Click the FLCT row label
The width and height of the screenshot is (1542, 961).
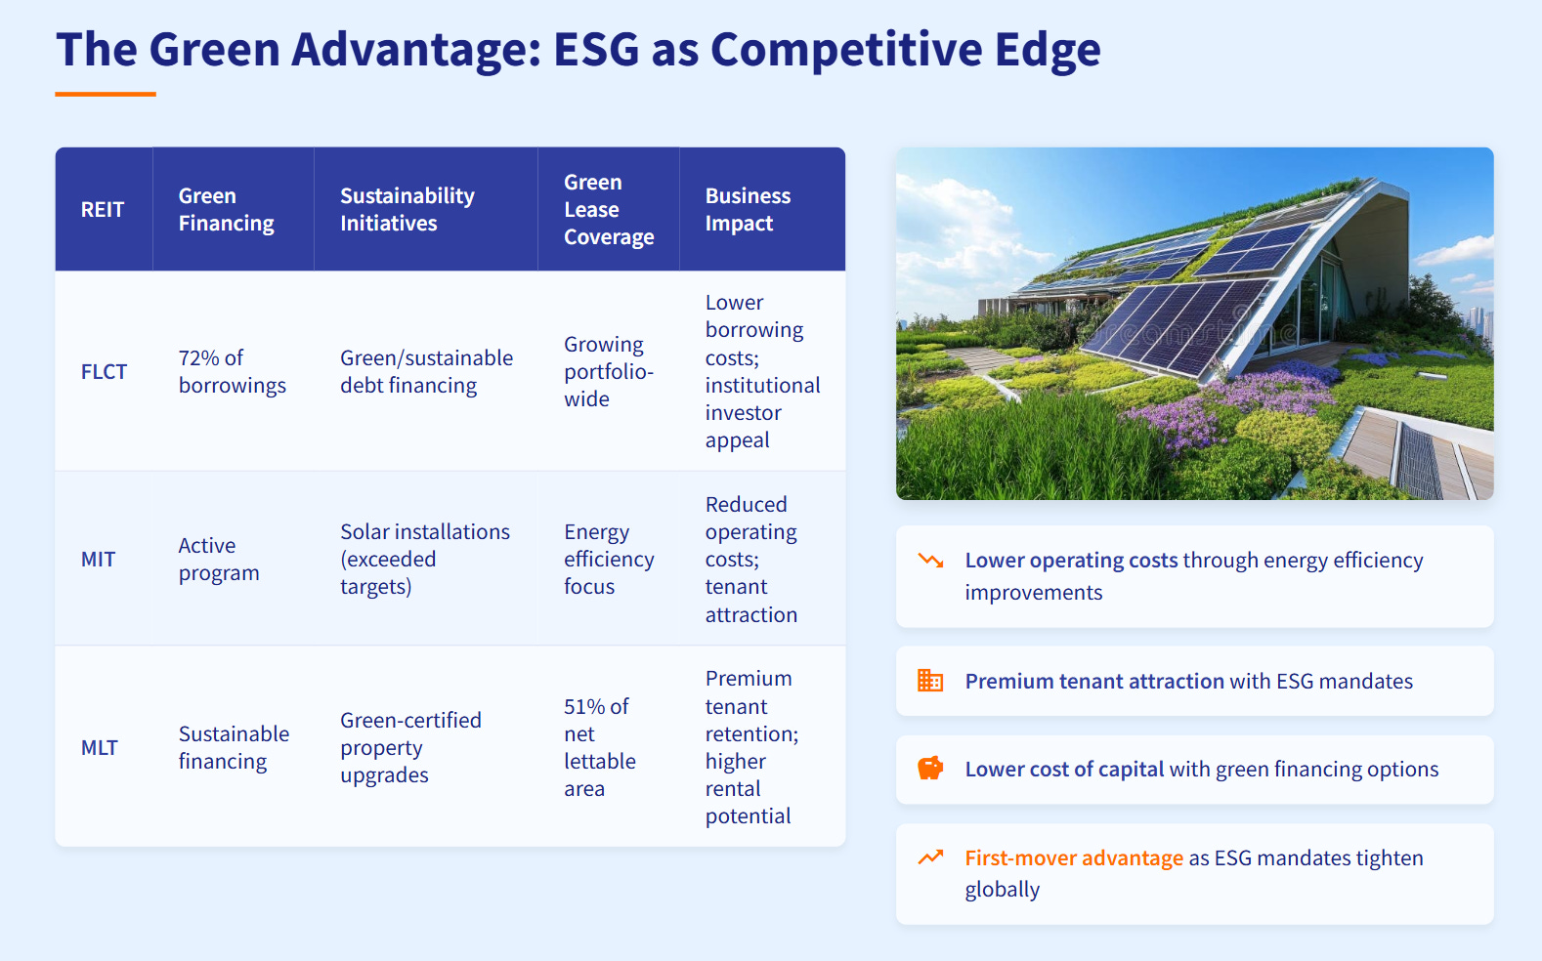point(104,371)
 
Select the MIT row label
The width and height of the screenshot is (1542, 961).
point(98,560)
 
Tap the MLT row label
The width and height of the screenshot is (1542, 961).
point(99,747)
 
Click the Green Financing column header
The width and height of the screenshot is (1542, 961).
point(226,209)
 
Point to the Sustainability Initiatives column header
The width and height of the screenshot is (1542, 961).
point(407,209)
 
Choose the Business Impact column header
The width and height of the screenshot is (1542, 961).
point(748,209)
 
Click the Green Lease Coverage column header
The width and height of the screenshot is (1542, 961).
point(609,209)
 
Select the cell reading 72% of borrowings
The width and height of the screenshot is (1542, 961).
point(232,371)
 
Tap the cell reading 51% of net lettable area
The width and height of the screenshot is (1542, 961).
point(600,747)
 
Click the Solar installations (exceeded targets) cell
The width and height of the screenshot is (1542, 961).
point(425,560)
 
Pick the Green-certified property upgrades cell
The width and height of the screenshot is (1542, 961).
point(410,747)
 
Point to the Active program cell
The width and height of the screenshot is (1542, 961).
point(218,560)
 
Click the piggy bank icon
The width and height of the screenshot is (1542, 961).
point(930,768)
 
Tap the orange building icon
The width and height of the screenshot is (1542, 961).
point(930,681)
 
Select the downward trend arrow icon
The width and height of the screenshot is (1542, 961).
point(930,560)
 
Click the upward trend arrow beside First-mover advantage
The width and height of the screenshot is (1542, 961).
point(930,857)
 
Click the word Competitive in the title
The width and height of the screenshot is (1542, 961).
point(846,50)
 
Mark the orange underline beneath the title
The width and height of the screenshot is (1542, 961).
point(106,94)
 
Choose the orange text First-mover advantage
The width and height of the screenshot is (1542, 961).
point(1074,857)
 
